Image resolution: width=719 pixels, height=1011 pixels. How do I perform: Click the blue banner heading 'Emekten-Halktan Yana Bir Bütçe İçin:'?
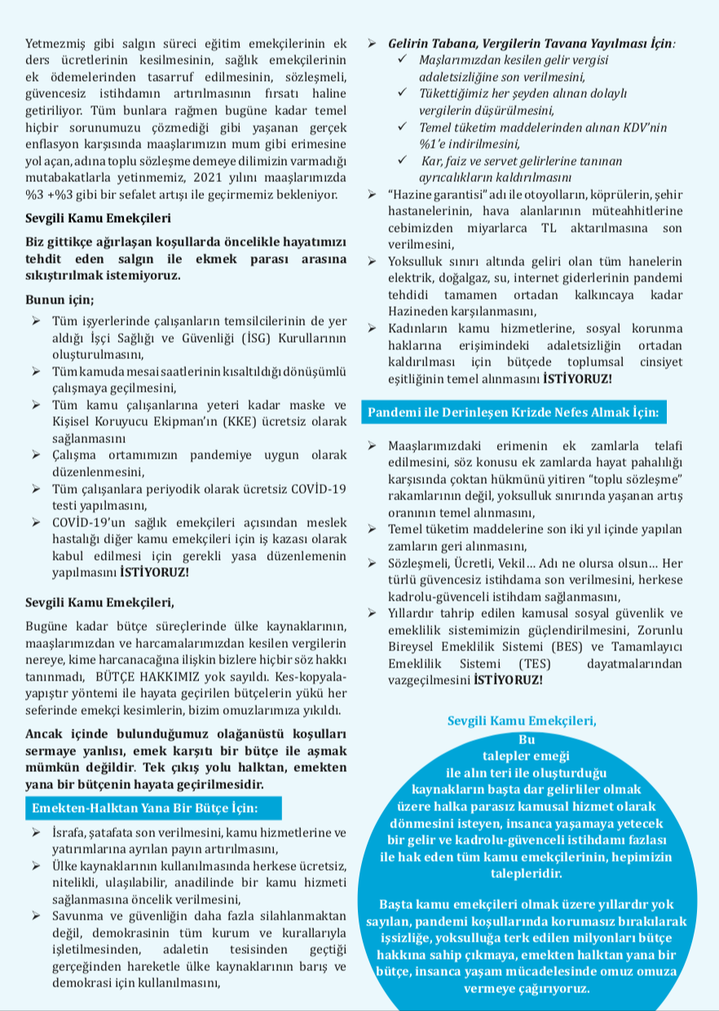tap(144, 808)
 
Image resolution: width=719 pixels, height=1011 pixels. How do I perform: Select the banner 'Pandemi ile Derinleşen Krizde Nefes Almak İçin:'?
tap(513, 412)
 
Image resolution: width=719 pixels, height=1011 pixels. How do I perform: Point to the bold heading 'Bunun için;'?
tap(60, 299)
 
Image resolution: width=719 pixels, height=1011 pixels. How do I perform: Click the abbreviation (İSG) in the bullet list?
tap(226, 339)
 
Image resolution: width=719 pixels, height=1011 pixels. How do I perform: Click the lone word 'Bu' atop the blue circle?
tap(527, 739)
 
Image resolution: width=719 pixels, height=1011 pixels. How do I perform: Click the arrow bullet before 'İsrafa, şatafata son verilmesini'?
tap(37, 832)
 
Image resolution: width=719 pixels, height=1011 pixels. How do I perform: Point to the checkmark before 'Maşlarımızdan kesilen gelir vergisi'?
tap(403, 60)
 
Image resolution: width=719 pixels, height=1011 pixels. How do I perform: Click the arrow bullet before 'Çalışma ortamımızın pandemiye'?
tap(37, 455)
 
